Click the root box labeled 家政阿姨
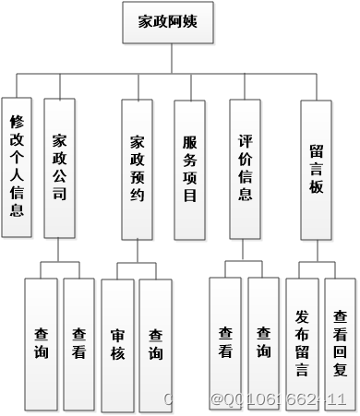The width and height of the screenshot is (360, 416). click(170, 23)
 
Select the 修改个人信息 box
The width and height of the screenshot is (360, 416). click(17, 165)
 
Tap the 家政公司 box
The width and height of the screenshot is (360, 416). click(60, 167)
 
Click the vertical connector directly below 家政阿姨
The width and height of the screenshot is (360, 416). click(170, 58)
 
